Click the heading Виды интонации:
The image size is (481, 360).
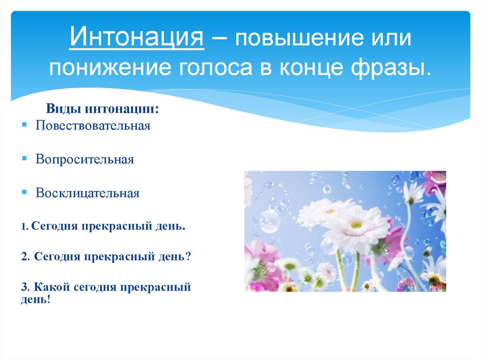click(102, 109)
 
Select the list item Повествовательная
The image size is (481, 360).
click(93, 126)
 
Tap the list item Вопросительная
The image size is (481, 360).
click(85, 160)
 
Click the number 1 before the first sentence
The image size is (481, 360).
click(23, 227)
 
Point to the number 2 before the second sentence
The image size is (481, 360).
click(23, 257)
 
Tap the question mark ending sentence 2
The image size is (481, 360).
click(188, 257)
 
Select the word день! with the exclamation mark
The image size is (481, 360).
click(35, 299)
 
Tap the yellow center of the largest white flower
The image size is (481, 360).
click(356, 224)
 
